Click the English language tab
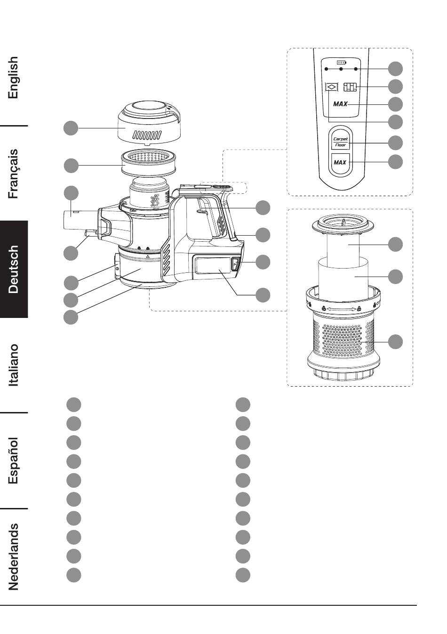point(13,77)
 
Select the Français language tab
point(13,174)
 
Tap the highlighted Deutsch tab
point(14,269)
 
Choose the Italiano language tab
point(13,365)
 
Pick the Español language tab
point(13,460)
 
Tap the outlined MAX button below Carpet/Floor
point(340,162)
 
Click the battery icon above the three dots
point(341,62)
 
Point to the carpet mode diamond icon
point(332,87)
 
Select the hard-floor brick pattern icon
point(350,87)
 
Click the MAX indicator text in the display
point(340,104)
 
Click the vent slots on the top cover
point(147,135)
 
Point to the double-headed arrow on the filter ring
point(341,309)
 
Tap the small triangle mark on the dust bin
point(148,256)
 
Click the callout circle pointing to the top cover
point(71,128)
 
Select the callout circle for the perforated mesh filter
point(395,342)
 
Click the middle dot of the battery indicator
point(341,69)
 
